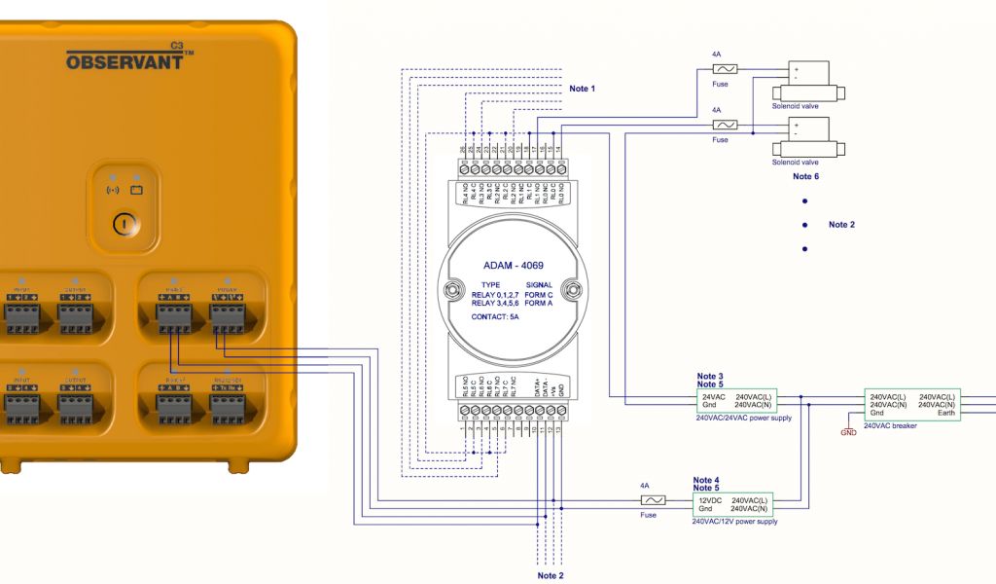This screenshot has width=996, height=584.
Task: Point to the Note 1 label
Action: point(582,89)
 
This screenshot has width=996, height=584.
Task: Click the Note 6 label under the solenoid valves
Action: point(805,176)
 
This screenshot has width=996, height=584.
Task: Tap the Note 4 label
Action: point(706,480)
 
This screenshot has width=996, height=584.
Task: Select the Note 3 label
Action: point(710,376)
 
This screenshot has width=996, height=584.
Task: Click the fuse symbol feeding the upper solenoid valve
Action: point(725,69)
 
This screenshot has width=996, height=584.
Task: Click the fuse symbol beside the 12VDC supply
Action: point(651,499)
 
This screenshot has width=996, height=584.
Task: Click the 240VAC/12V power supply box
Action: point(733,504)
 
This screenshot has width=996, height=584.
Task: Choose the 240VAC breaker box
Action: point(912,404)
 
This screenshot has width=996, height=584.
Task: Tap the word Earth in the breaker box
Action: point(945,413)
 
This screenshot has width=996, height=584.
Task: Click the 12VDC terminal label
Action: point(712,500)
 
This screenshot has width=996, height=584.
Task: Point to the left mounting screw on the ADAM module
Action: point(451,288)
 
